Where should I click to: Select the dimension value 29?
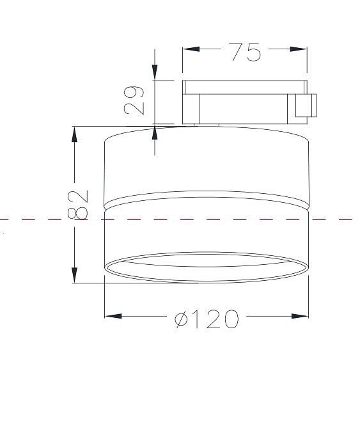(134, 100)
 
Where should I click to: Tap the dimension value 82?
(78, 205)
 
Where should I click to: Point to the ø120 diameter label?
(207, 319)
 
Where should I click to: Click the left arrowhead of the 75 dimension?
(191, 49)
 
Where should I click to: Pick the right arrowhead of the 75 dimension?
(299, 49)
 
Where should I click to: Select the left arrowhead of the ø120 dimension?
(113, 316)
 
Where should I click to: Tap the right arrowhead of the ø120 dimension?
(300, 316)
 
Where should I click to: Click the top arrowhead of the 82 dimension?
(74, 134)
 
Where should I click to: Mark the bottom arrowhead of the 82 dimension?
(74, 275)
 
